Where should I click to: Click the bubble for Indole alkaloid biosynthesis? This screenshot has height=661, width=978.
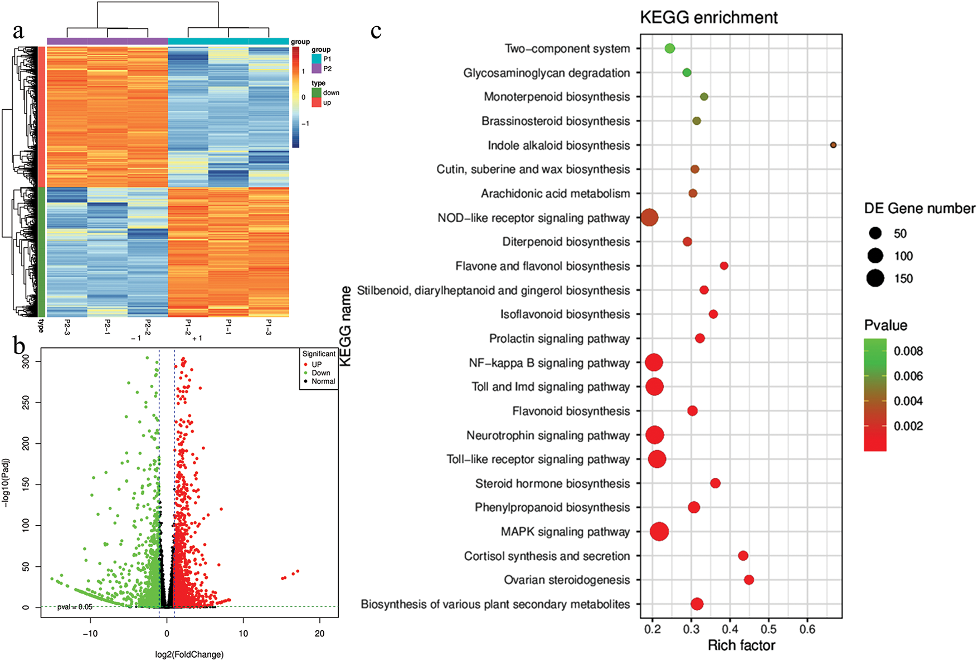tap(833, 145)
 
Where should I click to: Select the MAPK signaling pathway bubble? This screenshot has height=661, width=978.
tap(659, 532)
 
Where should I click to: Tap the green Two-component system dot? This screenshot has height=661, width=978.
tap(670, 48)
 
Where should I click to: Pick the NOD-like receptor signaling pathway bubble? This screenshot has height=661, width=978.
tap(649, 218)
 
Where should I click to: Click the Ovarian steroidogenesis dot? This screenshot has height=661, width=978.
tap(749, 580)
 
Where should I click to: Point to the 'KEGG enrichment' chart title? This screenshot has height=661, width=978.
tap(708, 18)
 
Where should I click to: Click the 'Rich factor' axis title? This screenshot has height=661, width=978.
tap(741, 645)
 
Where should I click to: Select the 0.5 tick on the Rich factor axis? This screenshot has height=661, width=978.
tap(768, 629)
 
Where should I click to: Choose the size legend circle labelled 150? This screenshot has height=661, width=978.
tap(875, 278)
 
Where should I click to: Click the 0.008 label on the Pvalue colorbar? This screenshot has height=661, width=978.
tap(908, 351)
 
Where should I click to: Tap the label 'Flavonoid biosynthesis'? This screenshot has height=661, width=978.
tap(571, 412)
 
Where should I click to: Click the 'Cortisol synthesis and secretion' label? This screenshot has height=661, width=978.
tap(547, 556)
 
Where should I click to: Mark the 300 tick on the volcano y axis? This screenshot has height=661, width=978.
tap(26, 362)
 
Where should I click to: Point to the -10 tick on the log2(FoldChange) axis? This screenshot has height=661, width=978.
tap(90, 634)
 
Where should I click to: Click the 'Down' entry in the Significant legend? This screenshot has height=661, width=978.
tap(320, 373)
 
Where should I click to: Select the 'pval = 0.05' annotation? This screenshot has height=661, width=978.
tap(75, 607)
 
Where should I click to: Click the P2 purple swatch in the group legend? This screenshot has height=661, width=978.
tap(317, 69)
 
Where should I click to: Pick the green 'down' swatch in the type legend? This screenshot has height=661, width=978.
tap(317, 93)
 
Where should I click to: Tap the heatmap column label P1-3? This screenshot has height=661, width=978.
tap(269, 326)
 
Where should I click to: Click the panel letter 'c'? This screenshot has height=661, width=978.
tap(376, 32)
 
